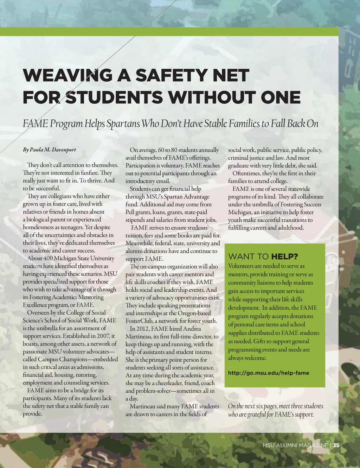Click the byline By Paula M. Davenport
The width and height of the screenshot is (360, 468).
49,150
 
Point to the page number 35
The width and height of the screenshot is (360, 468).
336,445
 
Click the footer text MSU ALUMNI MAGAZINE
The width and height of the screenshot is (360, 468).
295,445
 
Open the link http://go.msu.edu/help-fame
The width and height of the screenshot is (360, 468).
269,373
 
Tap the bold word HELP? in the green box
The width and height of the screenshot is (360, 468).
284,257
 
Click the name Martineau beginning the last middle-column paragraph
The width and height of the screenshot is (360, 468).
142,406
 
